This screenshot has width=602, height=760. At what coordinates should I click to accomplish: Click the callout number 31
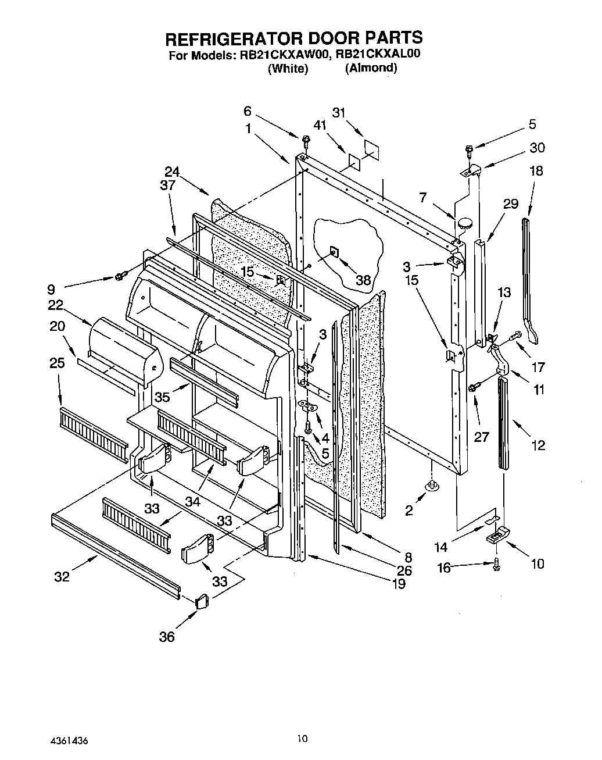click(339, 112)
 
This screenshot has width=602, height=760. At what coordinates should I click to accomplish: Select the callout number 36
click(167, 637)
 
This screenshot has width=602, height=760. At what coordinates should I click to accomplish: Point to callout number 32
click(62, 576)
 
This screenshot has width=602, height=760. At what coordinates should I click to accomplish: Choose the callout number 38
click(363, 280)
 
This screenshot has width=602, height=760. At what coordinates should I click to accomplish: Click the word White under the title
click(288, 69)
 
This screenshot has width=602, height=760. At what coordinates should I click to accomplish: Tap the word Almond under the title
click(371, 68)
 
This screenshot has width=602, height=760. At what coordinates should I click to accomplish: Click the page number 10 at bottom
click(301, 739)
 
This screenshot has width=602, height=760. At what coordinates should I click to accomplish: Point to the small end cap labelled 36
click(201, 601)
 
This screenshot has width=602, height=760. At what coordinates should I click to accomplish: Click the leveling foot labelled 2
click(432, 484)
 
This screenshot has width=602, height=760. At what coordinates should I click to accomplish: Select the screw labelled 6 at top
click(305, 140)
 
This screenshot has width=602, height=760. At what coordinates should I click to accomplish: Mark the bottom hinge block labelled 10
click(497, 536)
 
